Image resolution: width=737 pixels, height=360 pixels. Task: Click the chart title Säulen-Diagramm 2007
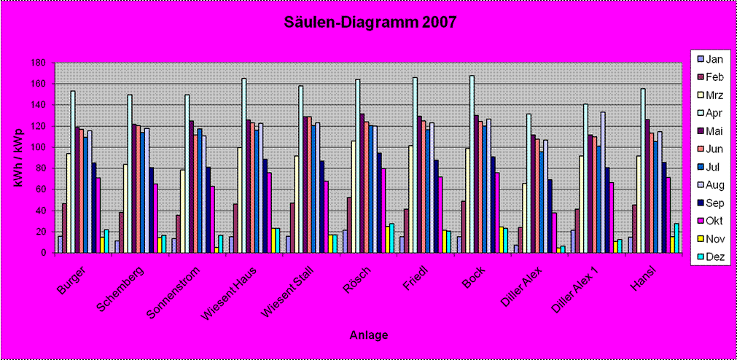click(370, 23)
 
